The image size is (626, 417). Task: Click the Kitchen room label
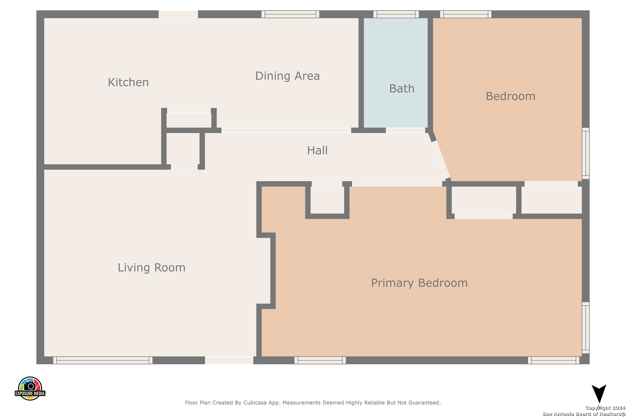(x=128, y=82)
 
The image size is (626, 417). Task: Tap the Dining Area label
(x=287, y=76)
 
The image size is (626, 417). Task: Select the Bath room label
(x=401, y=88)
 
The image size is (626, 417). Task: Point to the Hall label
(x=317, y=151)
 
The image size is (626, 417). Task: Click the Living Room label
(x=151, y=268)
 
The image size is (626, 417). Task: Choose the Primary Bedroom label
(x=419, y=283)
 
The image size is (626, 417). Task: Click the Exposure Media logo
(x=30, y=388)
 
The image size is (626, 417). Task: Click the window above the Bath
(x=396, y=14)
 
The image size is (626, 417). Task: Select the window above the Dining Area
(x=290, y=14)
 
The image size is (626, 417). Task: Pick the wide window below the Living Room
(x=103, y=360)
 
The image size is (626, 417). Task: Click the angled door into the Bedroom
(x=441, y=160)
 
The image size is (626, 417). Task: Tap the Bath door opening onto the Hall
(x=405, y=130)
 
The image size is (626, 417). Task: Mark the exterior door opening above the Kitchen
(x=178, y=14)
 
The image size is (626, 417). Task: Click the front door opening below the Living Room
(x=229, y=360)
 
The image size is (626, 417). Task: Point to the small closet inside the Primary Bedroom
(x=327, y=200)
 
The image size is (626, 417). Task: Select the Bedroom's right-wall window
(x=586, y=153)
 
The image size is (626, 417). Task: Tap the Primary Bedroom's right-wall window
(x=586, y=328)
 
